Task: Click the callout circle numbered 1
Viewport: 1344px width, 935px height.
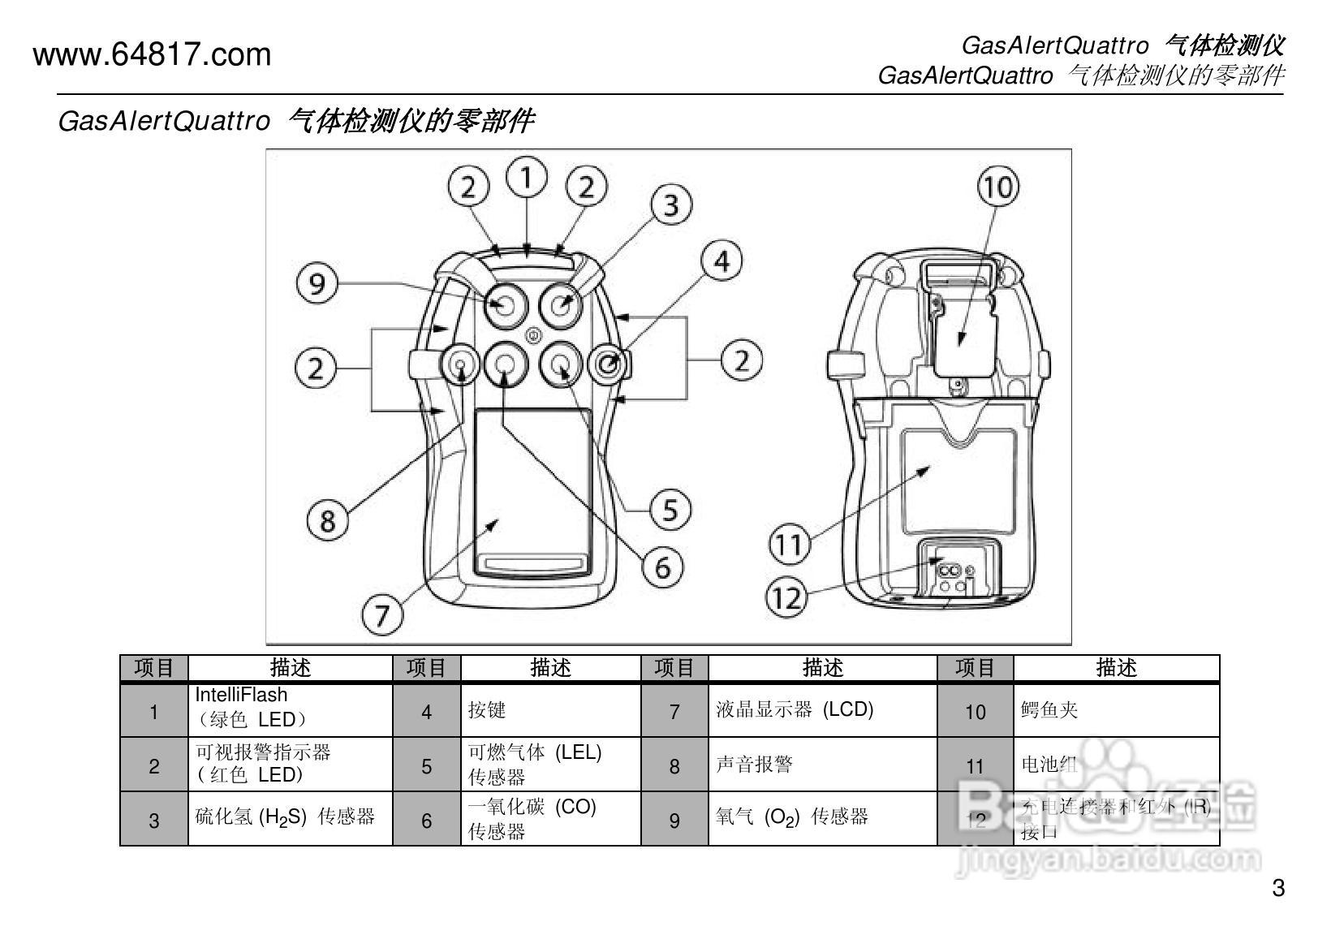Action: [x=527, y=177]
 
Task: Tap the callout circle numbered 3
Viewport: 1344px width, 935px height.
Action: [x=670, y=205]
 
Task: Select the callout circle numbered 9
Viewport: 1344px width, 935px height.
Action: [x=317, y=283]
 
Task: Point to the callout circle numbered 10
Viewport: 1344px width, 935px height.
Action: [x=997, y=187]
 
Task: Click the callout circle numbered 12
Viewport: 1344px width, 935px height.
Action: [x=786, y=598]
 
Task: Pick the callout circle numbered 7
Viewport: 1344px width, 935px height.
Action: [x=382, y=614]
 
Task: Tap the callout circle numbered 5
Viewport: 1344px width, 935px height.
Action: [x=670, y=511]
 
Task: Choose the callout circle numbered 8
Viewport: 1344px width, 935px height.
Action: [x=328, y=519]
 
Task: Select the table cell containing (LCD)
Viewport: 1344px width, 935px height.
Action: [x=822, y=710]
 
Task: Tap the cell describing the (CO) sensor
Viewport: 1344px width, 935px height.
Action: [x=550, y=819]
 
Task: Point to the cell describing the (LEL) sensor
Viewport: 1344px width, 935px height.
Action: [x=550, y=765]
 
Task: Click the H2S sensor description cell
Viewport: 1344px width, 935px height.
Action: [x=290, y=818]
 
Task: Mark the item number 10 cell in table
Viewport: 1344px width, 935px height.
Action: [x=975, y=712]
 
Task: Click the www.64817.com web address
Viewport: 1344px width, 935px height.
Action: [x=152, y=55]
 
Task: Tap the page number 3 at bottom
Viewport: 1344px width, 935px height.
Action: [x=1277, y=888]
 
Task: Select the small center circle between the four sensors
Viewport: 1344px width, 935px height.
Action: [x=533, y=334]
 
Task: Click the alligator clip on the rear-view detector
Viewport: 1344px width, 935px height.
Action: [x=962, y=325]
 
